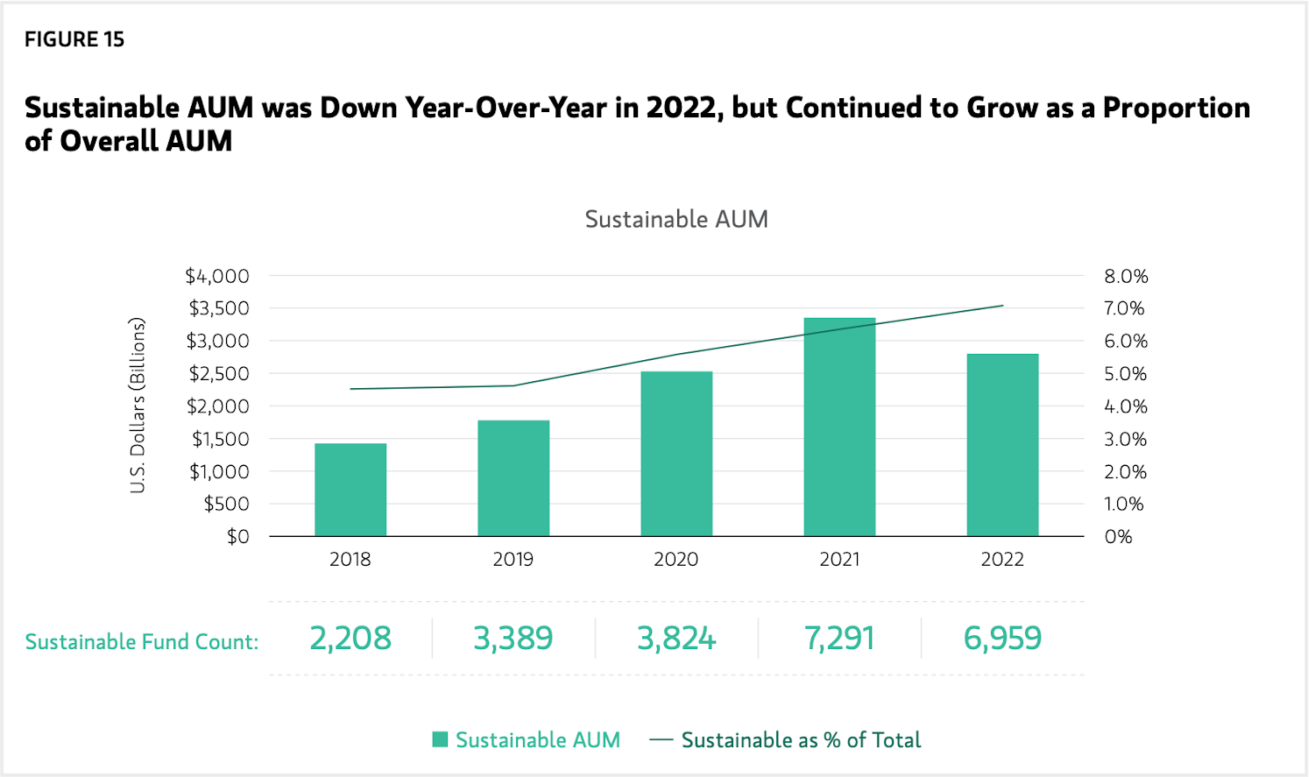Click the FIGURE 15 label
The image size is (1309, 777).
[x=74, y=39]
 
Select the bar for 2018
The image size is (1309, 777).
[x=350, y=490]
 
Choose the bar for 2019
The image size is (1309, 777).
[x=513, y=478]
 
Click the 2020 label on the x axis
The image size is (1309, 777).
[x=676, y=560]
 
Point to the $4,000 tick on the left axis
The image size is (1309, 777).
[x=217, y=276]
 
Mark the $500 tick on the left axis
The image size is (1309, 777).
[x=226, y=504]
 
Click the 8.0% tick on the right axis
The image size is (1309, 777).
[x=1126, y=276]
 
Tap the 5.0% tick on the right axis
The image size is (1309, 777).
[x=1126, y=374]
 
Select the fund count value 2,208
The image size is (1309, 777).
[x=350, y=639]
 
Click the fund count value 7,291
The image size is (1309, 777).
[x=839, y=639]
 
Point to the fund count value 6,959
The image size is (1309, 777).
[x=1002, y=639]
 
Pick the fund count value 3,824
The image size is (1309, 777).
[x=676, y=639]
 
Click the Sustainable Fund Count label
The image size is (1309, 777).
[x=142, y=642]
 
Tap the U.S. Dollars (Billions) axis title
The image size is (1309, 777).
[x=138, y=406]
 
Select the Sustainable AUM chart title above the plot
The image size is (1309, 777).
[x=676, y=219]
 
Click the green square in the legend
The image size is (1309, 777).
[x=441, y=740]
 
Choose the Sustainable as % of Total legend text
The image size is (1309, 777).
[x=801, y=740]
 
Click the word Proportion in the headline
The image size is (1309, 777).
[x=1176, y=108]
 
